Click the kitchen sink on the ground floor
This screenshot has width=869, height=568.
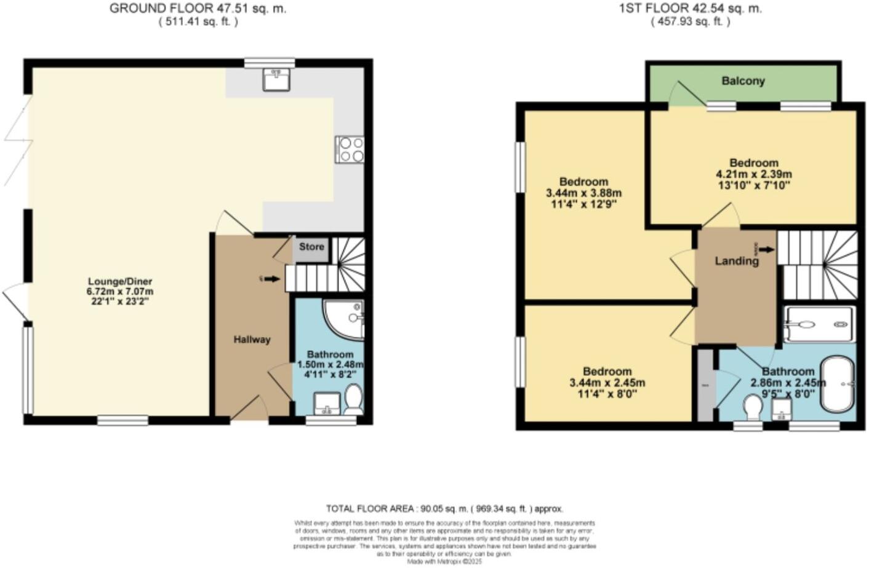click(276, 79)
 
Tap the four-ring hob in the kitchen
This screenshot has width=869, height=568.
click(350, 150)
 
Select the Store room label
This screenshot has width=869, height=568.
click(311, 247)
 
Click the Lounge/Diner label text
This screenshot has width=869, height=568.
click(120, 282)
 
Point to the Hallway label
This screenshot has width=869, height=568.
click(252, 339)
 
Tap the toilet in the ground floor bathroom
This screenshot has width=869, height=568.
click(353, 399)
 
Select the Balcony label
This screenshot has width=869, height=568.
click(743, 81)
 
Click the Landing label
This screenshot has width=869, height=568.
click(736, 261)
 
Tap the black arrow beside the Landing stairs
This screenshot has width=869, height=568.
click(766, 249)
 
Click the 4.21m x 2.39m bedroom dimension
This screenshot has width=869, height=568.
click(753, 174)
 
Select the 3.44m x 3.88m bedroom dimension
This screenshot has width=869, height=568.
click(583, 193)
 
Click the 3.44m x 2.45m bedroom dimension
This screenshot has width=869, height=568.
click(607, 383)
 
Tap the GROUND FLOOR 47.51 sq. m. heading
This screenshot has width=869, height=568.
click(198, 9)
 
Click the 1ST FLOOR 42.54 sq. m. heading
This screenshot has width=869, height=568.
click(690, 9)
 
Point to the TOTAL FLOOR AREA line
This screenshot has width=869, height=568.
click(444, 508)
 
